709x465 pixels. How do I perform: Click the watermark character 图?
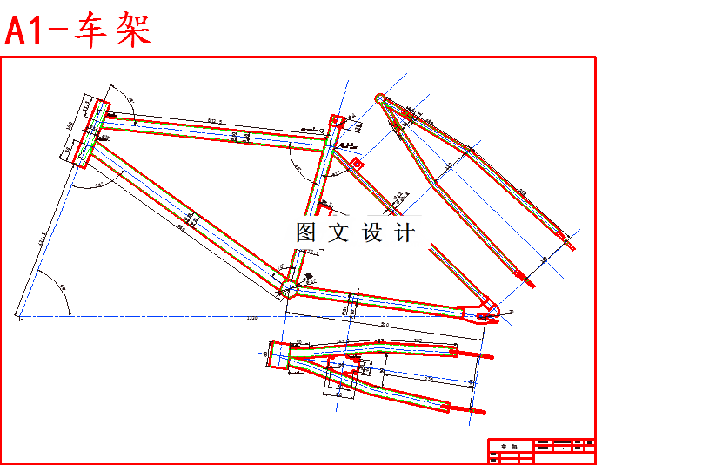tap(306, 232)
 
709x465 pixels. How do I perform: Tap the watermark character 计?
tap(405, 232)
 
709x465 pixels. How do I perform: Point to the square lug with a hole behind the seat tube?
tap(355, 163)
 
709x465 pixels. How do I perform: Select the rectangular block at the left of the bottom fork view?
tap(278, 356)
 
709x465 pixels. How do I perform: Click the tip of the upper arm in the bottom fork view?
tap(489, 356)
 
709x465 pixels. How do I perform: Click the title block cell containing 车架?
tap(510, 446)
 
